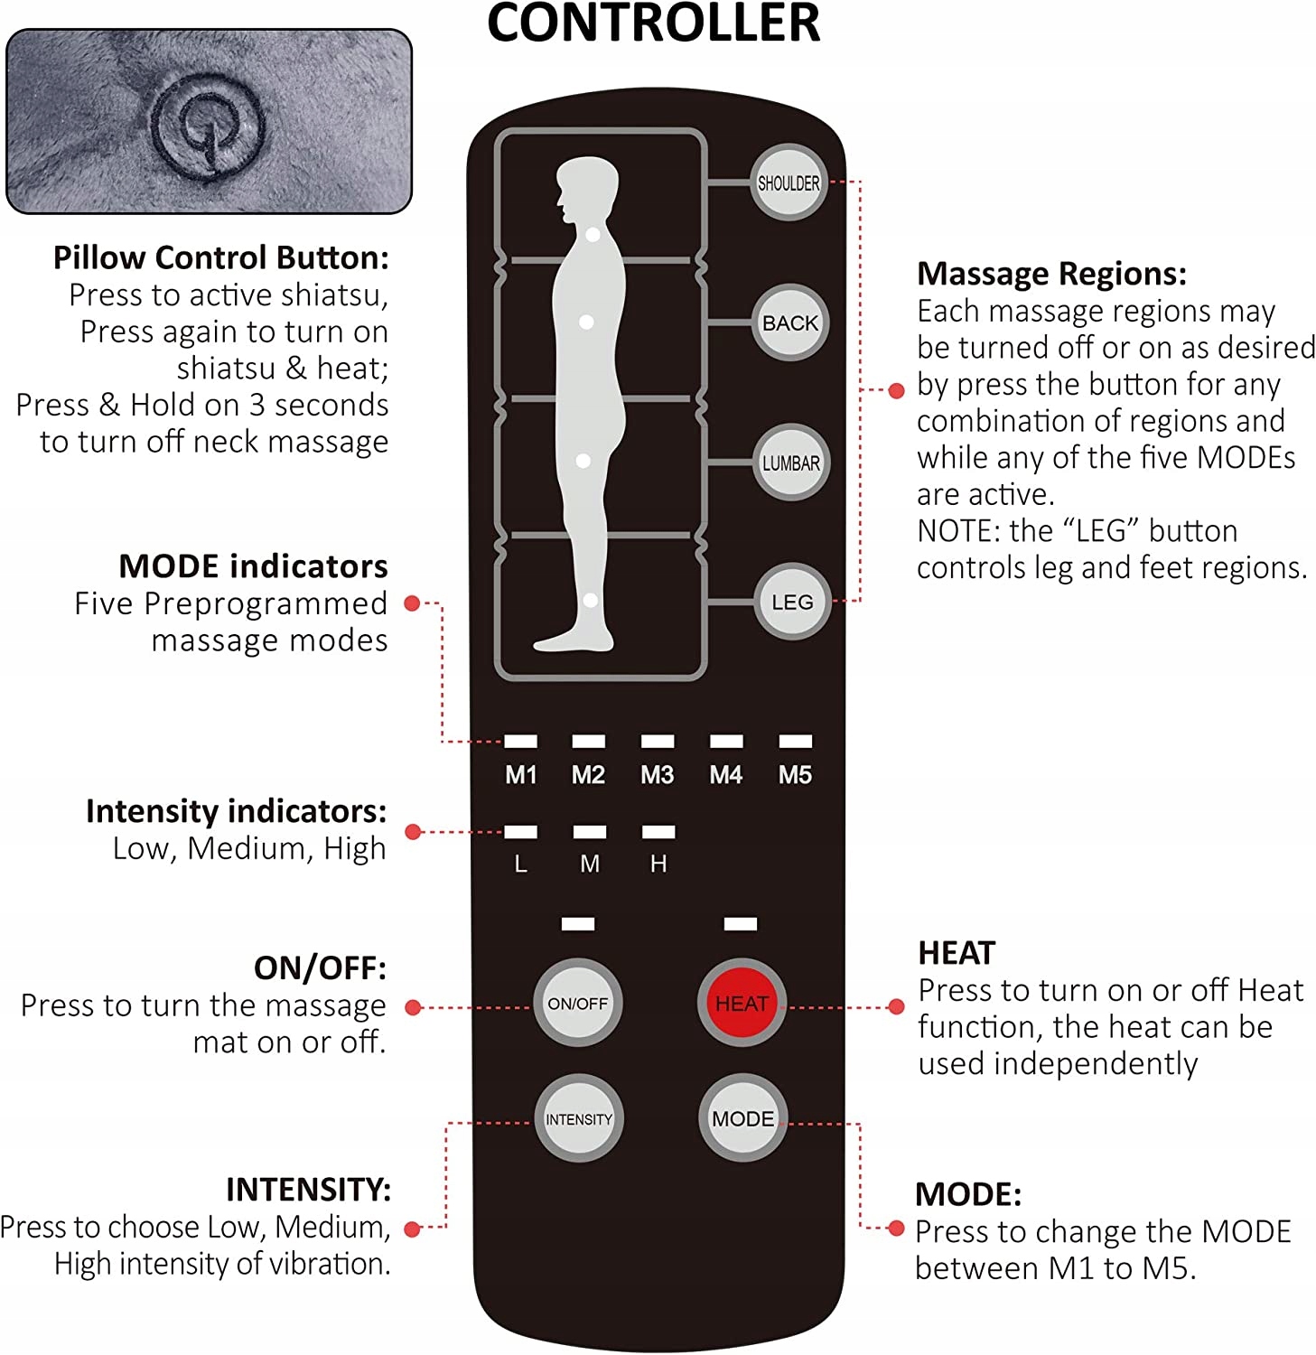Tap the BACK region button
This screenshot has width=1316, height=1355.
click(x=790, y=322)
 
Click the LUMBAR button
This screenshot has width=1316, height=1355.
click(x=791, y=463)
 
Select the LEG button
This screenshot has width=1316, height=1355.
click(x=791, y=603)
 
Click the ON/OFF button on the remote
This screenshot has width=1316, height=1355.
click(x=577, y=1004)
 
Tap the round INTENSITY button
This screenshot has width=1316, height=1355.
click(x=578, y=1119)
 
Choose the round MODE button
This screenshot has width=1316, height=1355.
click(x=742, y=1118)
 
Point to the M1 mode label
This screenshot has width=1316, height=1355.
click(x=520, y=775)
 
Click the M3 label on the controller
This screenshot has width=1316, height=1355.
click(x=657, y=775)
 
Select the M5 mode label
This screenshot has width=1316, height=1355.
click(x=795, y=775)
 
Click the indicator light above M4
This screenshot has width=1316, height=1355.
click(x=726, y=742)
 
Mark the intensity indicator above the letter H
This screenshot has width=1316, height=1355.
click(x=658, y=832)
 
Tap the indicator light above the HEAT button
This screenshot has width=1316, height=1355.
click(x=741, y=923)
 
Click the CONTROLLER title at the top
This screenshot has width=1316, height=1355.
click(x=653, y=23)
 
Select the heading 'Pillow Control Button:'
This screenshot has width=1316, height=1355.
click(x=220, y=258)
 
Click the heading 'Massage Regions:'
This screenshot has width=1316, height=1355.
click(x=1051, y=274)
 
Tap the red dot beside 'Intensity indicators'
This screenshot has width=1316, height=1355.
click(x=413, y=832)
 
